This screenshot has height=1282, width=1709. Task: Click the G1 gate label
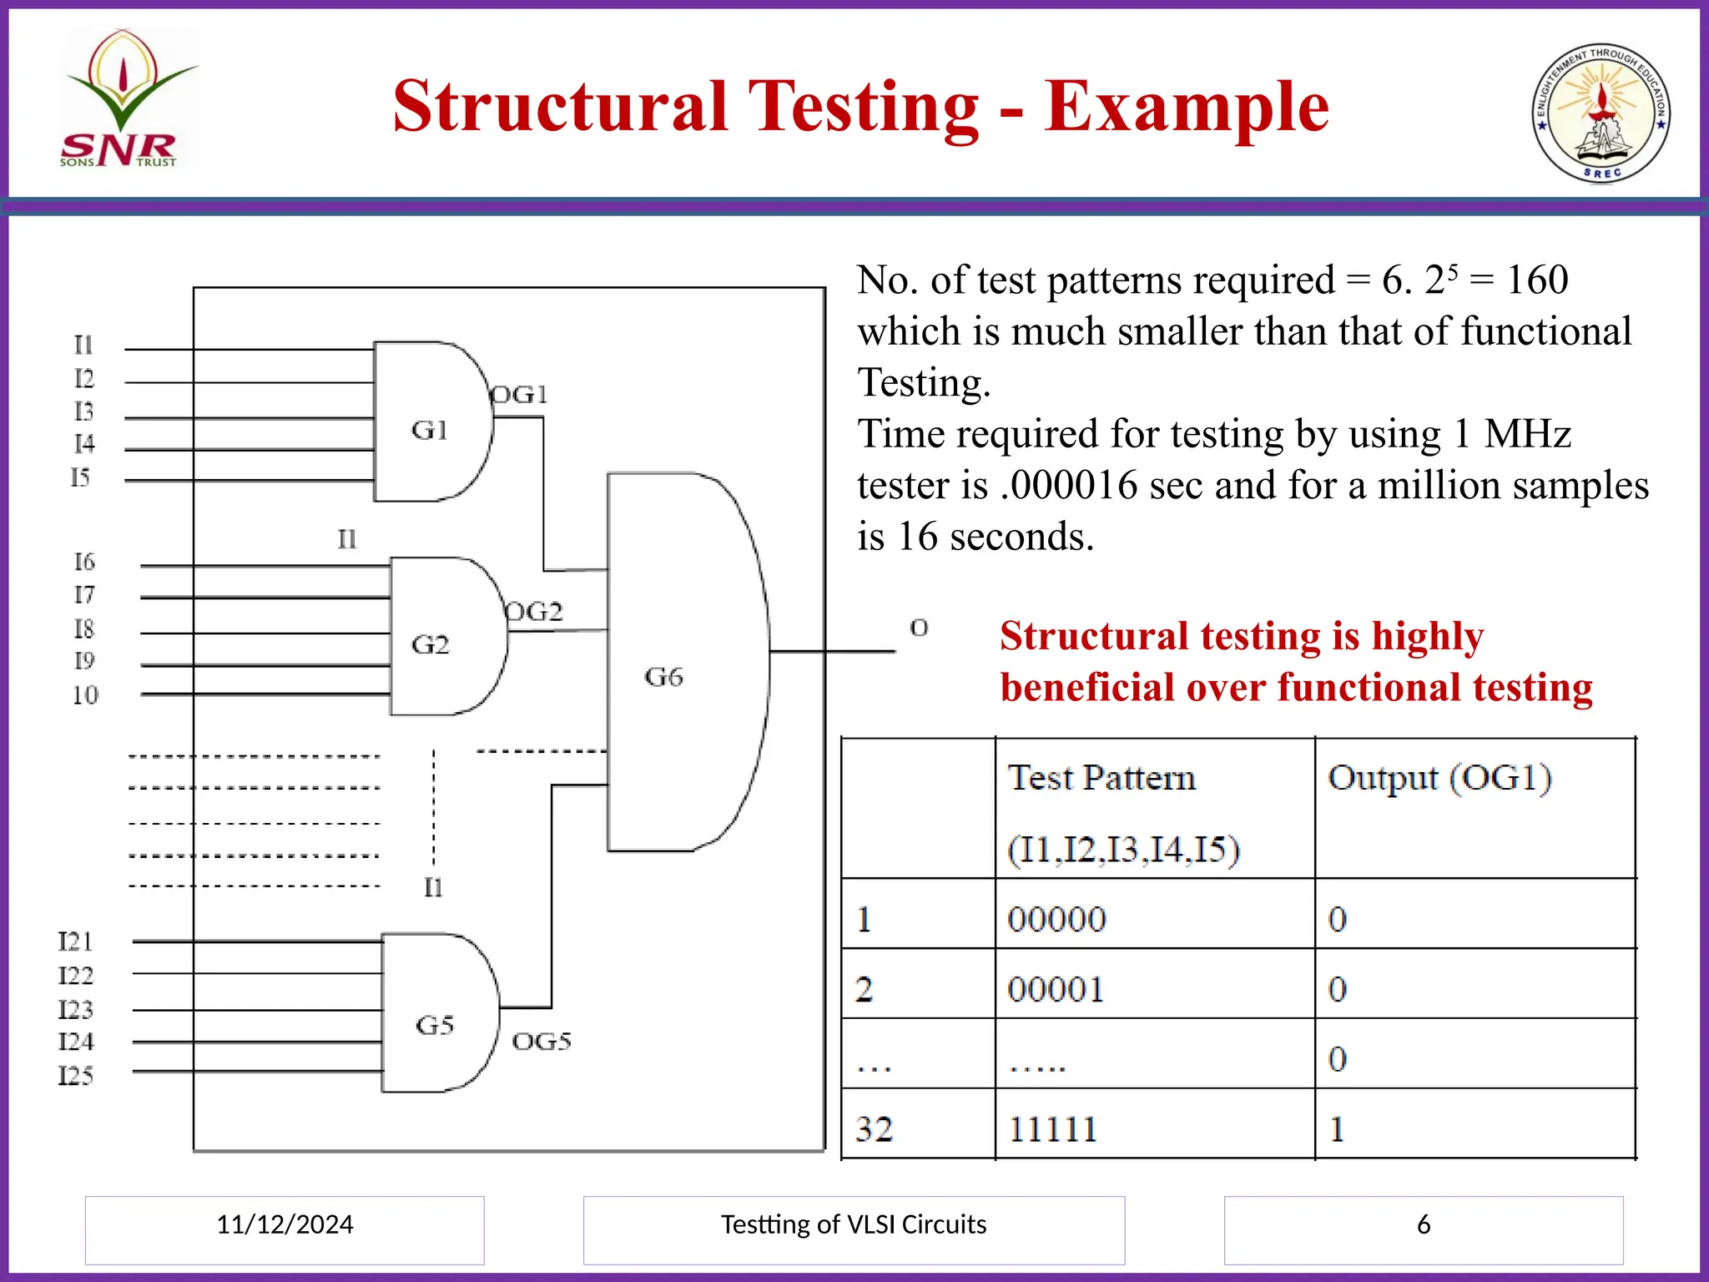430,430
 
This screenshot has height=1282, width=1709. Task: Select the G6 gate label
663,676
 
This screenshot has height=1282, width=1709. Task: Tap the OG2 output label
535,612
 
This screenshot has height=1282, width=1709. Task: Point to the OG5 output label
542,1041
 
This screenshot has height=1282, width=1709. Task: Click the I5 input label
80,477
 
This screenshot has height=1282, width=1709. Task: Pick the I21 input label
75,941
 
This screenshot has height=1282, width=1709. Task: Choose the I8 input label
83,628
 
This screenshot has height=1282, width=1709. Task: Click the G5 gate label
435,1025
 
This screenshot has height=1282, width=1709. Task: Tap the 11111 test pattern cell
1052,1129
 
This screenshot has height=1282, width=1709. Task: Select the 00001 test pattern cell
1056,990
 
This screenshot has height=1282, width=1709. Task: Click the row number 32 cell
874,1129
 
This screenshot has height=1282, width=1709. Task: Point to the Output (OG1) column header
1439,778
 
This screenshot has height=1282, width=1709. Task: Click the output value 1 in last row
1337,1129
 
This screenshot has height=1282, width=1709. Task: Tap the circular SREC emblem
1601,113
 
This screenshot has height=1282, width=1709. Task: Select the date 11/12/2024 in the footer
285,1224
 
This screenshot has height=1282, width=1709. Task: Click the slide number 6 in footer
1424,1224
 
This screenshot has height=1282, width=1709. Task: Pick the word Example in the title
1187,107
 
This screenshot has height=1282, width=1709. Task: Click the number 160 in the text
1537,280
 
